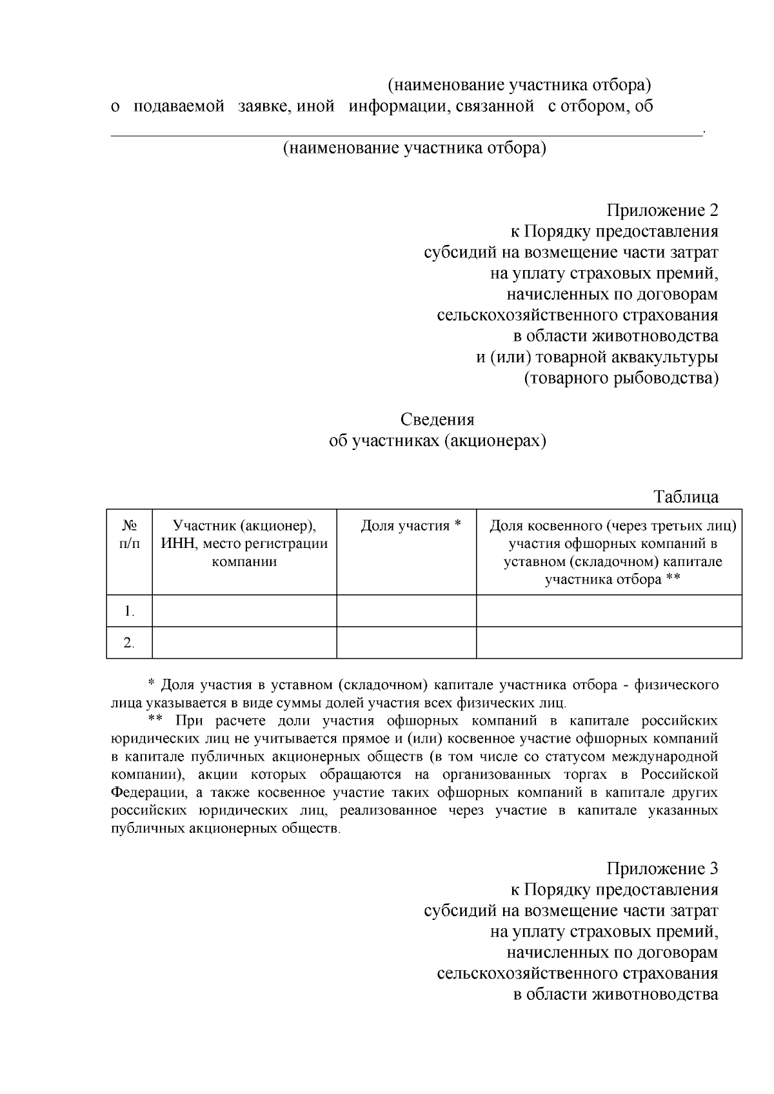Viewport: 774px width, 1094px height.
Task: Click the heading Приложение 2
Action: coord(662,211)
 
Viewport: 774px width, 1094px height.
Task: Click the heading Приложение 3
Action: coord(662,868)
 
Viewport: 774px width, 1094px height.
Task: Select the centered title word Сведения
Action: coord(437,420)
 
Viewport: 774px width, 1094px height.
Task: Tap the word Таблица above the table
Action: coord(686,497)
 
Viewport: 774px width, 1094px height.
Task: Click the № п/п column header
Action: coord(129,534)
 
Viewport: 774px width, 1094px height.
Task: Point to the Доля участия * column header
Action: coord(410,525)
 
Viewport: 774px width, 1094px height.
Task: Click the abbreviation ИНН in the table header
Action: coord(179,543)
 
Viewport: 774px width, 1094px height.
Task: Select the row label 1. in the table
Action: coord(129,610)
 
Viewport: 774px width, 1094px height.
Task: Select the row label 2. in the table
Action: coord(129,643)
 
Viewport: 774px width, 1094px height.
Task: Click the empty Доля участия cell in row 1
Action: coord(406,610)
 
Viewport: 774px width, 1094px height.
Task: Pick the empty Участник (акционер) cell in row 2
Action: coord(244,643)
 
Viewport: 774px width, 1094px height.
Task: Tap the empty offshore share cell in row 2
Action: coord(608,643)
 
